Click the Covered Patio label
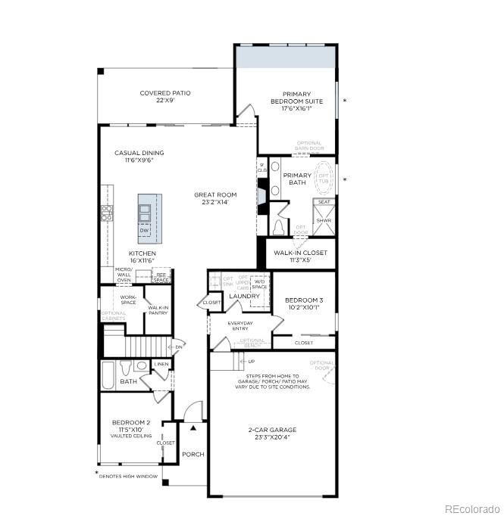[x=164, y=97]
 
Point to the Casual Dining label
[x=139, y=156]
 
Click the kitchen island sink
[x=144, y=208]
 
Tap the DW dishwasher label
[x=144, y=230]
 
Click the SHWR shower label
[x=324, y=221]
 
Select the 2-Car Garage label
[x=272, y=434]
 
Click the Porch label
[x=193, y=455]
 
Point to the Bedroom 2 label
[x=131, y=426]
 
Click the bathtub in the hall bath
[x=108, y=374]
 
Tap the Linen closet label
[x=161, y=365]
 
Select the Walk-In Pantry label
[x=158, y=310]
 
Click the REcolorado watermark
[x=471, y=508]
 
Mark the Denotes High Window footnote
[x=129, y=477]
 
